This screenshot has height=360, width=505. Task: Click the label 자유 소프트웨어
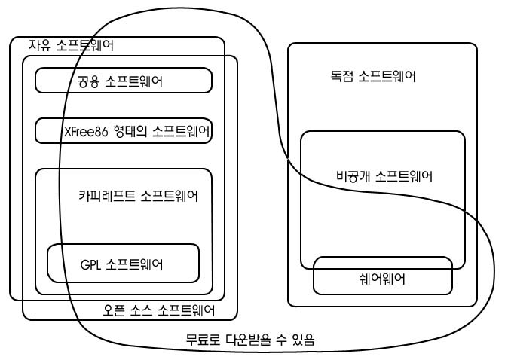(71, 45)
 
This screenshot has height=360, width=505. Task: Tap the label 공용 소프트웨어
(120, 81)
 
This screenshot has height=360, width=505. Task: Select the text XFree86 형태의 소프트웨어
(137, 131)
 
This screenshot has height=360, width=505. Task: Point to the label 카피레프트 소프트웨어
(138, 196)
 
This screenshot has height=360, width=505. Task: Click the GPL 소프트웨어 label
(121, 264)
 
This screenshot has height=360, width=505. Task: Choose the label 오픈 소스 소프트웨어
(158, 310)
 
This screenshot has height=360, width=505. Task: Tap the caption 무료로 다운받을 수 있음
(250, 340)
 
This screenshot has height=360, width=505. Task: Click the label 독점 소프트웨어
(373, 76)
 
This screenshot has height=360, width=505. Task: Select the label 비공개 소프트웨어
(384, 176)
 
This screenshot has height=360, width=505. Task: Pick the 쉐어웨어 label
(382, 279)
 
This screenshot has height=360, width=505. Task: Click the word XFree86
(86, 132)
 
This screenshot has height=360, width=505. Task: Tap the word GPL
(90, 265)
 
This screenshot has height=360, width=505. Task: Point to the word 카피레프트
(107, 196)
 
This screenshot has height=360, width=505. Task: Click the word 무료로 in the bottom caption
(203, 340)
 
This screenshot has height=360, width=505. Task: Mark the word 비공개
(353, 176)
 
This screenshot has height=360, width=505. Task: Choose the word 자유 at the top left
(40, 45)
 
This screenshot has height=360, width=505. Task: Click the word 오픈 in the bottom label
(113, 310)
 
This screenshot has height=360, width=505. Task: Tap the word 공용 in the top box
(88, 81)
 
